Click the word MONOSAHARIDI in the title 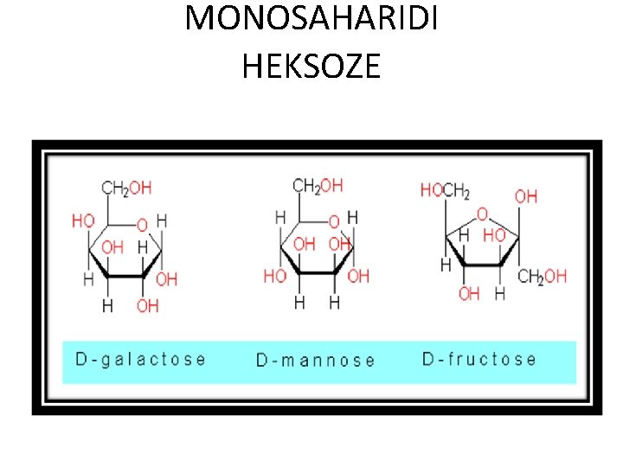(x=311, y=19)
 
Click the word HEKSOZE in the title (x=311, y=66)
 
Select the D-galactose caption (x=141, y=359)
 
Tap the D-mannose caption (x=315, y=360)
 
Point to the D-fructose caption (x=478, y=359)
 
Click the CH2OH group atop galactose (x=126, y=188)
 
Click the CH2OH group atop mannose (x=318, y=185)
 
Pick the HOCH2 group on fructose (x=445, y=190)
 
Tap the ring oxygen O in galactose (x=142, y=226)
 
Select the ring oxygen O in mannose (x=333, y=222)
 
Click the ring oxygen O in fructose (x=482, y=213)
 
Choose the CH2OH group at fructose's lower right (x=542, y=277)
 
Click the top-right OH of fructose (x=525, y=196)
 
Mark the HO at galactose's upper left (x=83, y=221)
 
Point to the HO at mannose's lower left (x=274, y=277)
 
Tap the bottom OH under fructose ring (x=468, y=294)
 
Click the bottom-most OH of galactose (x=147, y=305)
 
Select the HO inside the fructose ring (x=493, y=234)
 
